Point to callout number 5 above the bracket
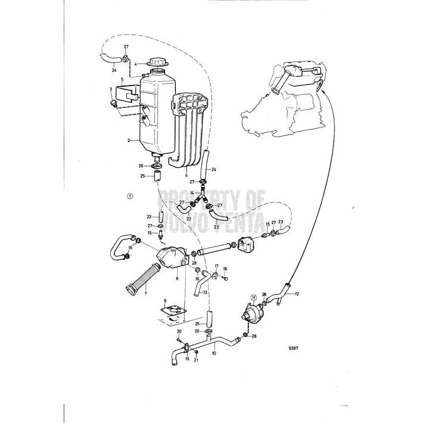[x=122, y=78]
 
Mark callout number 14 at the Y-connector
[x=192, y=193]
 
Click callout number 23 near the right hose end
[x=281, y=222]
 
